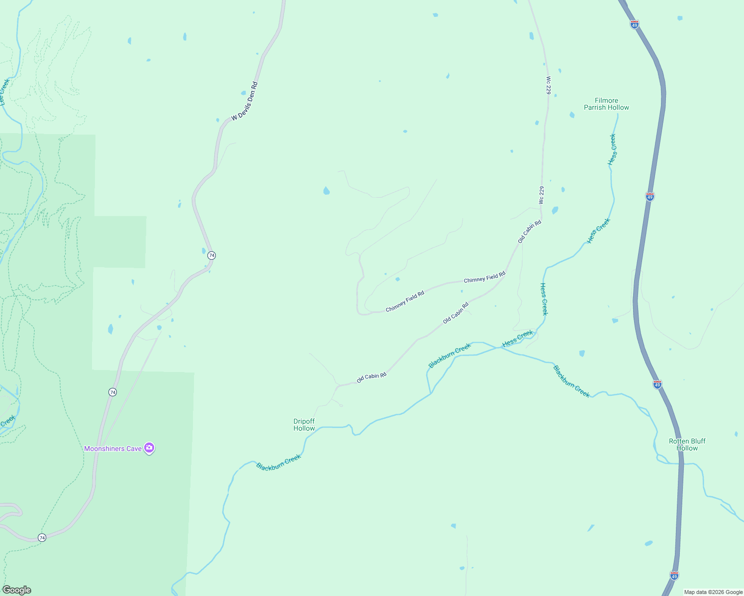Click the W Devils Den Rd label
[x=245, y=101]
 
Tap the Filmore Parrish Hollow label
[x=606, y=104]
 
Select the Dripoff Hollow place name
[x=304, y=425]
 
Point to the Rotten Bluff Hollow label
[x=687, y=445]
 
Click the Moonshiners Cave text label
[x=113, y=448]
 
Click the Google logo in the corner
[x=16, y=590]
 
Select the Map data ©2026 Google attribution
[x=713, y=592]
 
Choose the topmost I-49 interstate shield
[x=634, y=24]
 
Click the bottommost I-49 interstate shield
[x=674, y=576]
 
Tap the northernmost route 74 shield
[x=212, y=255]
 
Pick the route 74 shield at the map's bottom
[x=42, y=537]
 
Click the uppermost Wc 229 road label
[x=549, y=85]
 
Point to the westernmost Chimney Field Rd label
[x=405, y=301]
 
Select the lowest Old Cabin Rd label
[x=372, y=378]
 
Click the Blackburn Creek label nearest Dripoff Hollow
[x=279, y=462]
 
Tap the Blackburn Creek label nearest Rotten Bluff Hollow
[x=571, y=381]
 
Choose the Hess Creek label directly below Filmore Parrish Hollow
[x=612, y=149]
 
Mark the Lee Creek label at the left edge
[x=4, y=92]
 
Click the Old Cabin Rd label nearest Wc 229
[x=529, y=231]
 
